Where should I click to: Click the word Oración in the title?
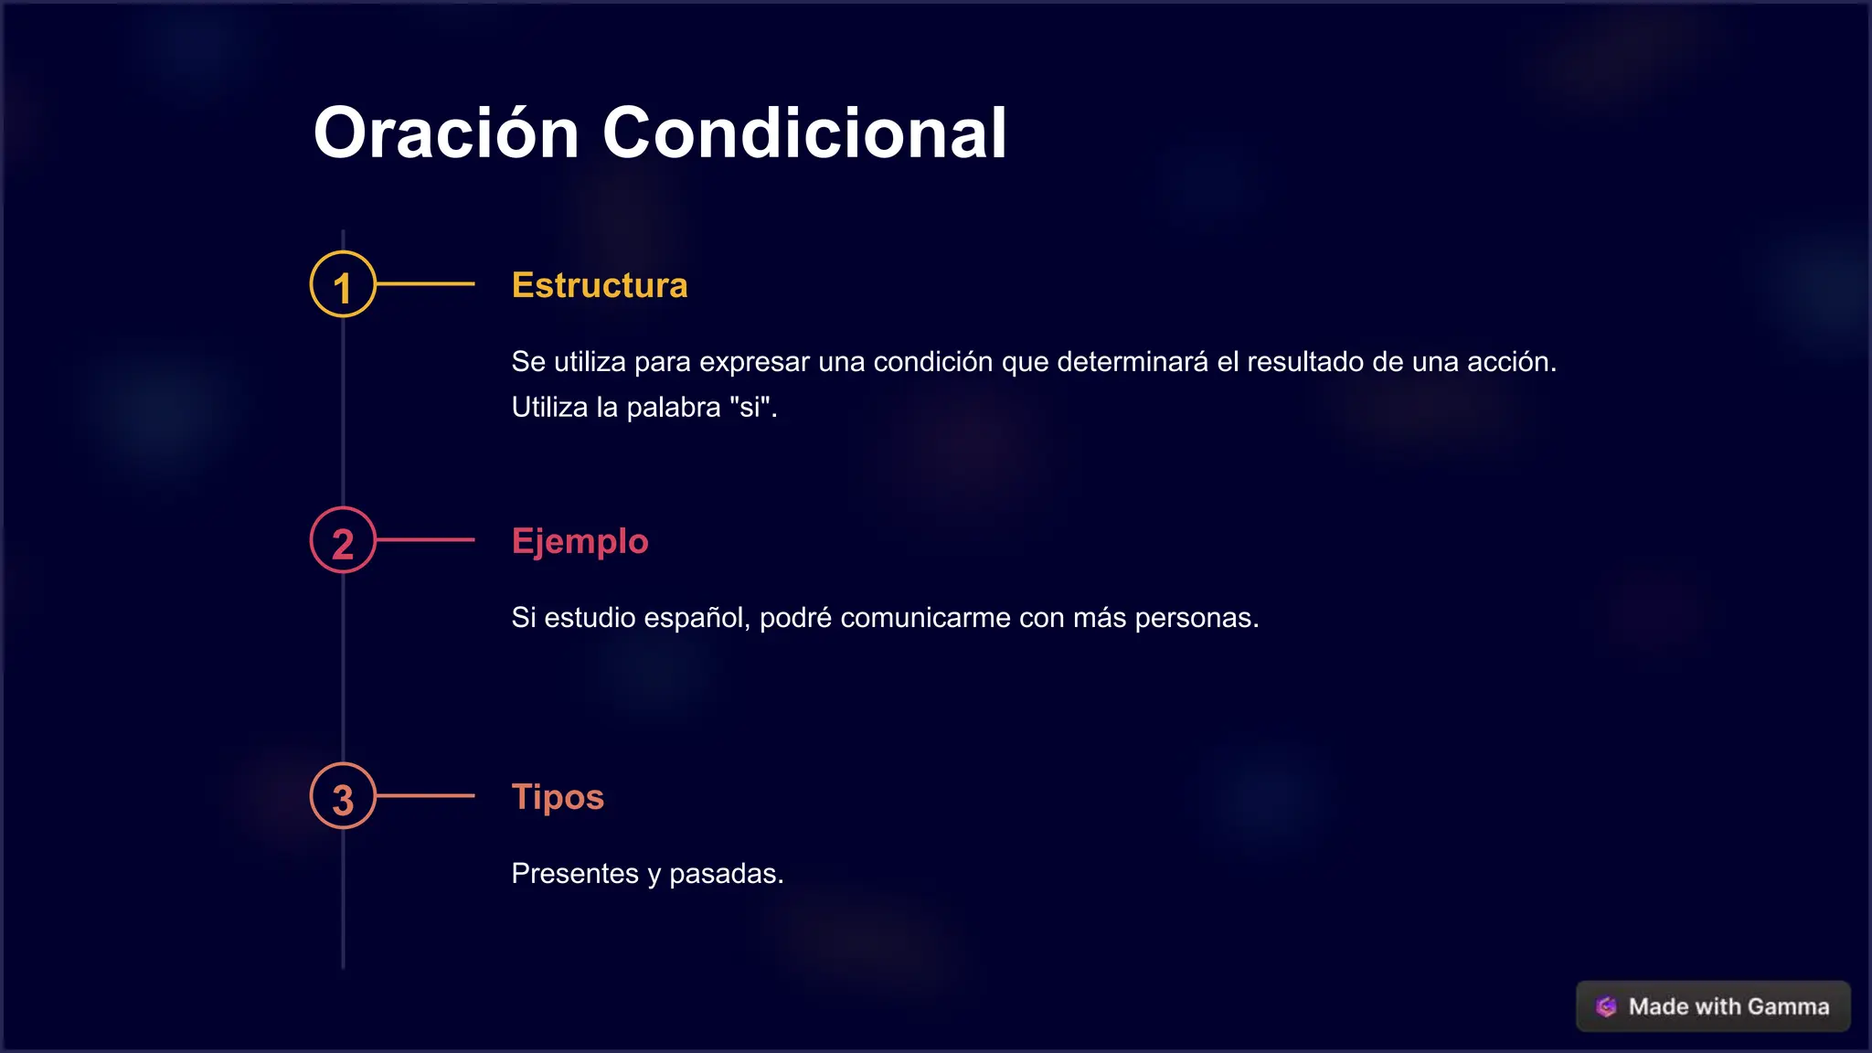tap(446, 133)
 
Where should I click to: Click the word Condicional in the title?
tap(804, 133)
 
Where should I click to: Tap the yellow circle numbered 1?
tap(343, 284)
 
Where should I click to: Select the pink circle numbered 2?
tap(343, 540)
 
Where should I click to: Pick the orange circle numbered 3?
tap(343, 796)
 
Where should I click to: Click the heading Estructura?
tap(600, 285)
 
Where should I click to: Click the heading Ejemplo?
tap(580, 541)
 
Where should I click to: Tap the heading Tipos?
tap(558, 797)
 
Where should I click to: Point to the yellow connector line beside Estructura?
tap(426, 284)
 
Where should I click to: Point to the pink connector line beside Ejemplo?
tap(426, 540)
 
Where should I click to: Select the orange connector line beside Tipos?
tap(426, 796)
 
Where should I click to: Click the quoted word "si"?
tap(751, 408)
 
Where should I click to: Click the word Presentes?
tap(574, 874)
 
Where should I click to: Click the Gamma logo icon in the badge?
tap(1606, 1006)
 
